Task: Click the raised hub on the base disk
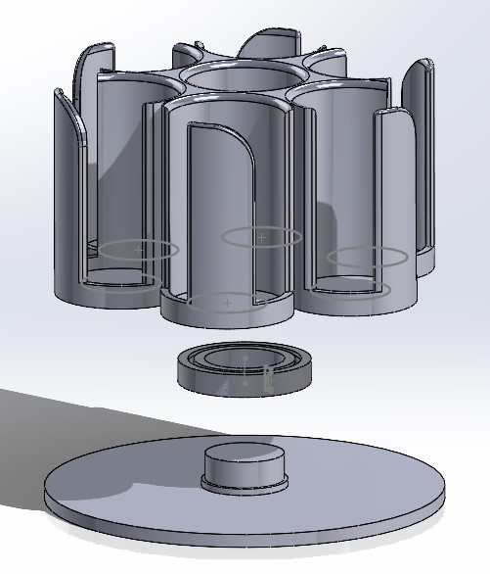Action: tap(244, 467)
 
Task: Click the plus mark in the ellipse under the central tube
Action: tap(261, 237)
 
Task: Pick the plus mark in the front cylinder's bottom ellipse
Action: tap(228, 304)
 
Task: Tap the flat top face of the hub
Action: tap(244, 454)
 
